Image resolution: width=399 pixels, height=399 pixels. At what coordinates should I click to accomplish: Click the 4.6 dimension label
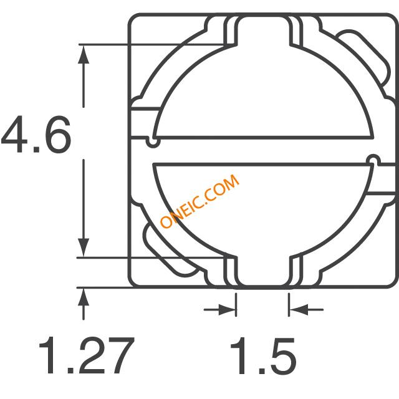click(36, 135)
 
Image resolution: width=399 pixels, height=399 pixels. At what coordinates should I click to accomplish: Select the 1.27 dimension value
click(87, 355)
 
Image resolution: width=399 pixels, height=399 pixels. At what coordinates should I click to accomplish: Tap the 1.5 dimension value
click(263, 356)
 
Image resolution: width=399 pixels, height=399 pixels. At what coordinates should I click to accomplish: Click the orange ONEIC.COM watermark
click(199, 201)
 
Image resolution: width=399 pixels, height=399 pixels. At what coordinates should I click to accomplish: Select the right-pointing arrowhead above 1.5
click(227, 310)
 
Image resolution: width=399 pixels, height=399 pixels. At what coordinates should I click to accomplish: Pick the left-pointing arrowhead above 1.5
click(298, 310)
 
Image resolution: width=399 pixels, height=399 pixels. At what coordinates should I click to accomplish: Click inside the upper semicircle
click(264, 94)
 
